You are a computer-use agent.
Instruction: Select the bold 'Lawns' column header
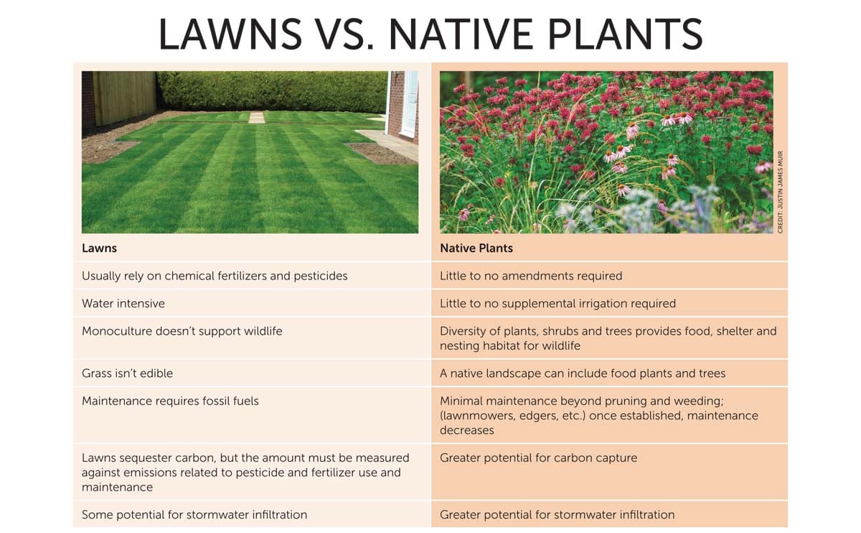click(x=99, y=249)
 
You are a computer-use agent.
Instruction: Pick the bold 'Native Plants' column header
click(x=476, y=249)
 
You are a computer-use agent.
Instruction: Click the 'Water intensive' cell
click(x=123, y=303)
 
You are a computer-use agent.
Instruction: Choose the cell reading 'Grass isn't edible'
click(x=127, y=373)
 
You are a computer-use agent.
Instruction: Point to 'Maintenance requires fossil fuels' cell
click(x=170, y=401)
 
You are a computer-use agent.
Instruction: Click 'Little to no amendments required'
click(x=530, y=276)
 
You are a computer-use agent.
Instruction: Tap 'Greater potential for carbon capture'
click(x=538, y=458)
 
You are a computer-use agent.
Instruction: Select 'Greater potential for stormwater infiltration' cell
click(x=557, y=514)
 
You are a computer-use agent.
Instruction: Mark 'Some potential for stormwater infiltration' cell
click(x=194, y=514)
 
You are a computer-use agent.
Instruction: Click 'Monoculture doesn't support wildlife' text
click(x=182, y=331)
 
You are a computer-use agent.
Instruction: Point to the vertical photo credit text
click(x=780, y=191)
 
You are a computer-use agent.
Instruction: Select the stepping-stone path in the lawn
click(x=256, y=117)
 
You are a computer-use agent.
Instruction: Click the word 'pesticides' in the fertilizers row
click(x=319, y=276)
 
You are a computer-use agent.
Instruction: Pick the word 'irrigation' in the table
click(x=603, y=303)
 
